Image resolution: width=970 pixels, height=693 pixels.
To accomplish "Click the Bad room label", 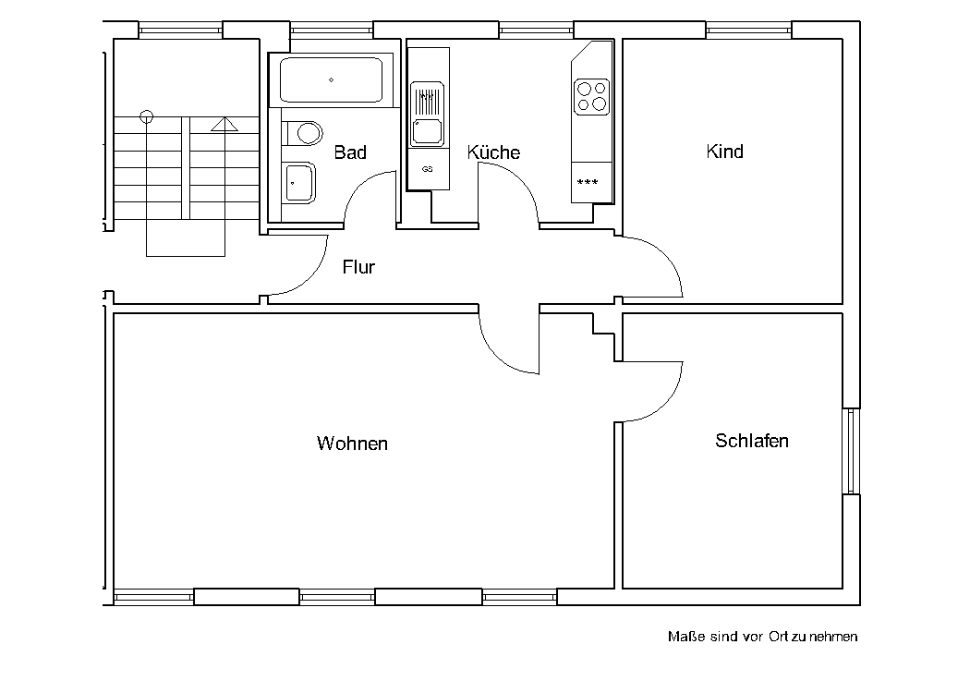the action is tap(350, 152).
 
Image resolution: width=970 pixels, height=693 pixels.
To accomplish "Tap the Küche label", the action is tap(493, 152).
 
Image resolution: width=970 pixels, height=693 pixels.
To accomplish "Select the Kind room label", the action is tap(724, 151).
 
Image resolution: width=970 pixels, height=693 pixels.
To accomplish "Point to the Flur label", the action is tap(358, 267).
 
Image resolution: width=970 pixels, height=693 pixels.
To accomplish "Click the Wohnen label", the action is tap(352, 443).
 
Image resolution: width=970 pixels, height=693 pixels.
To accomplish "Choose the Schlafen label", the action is tap(752, 441).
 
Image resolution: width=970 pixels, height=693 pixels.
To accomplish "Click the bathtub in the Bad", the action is tap(331, 79).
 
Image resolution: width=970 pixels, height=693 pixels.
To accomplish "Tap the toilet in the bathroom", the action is tap(302, 132).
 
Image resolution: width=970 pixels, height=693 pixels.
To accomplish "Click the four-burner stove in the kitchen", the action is tap(591, 97).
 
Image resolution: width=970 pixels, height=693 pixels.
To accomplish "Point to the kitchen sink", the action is tap(428, 115).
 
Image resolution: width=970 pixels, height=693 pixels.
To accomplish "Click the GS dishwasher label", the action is tap(427, 169).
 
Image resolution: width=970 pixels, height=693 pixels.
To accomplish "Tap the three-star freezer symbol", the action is tap(587, 182).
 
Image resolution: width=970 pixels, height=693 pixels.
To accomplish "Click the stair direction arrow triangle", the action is tap(224, 125).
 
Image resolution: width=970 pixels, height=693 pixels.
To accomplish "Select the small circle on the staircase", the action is tap(147, 115).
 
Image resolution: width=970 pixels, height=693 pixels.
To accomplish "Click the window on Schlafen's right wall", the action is tap(851, 451).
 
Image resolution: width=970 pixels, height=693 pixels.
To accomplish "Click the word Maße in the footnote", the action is tap(686, 637).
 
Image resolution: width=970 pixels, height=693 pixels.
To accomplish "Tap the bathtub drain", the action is tap(331, 79).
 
